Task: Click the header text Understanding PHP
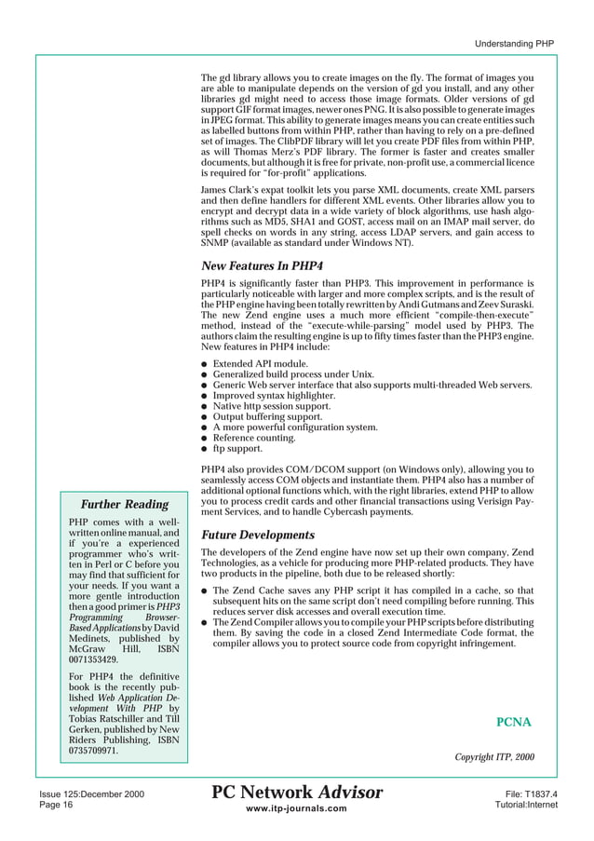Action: (x=515, y=43)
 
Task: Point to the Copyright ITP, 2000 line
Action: (x=493, y=755)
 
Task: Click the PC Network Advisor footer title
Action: (x=297, y=793)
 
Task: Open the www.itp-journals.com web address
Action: (x=297, y=809)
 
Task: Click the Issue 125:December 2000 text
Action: (x=91, y=794)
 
